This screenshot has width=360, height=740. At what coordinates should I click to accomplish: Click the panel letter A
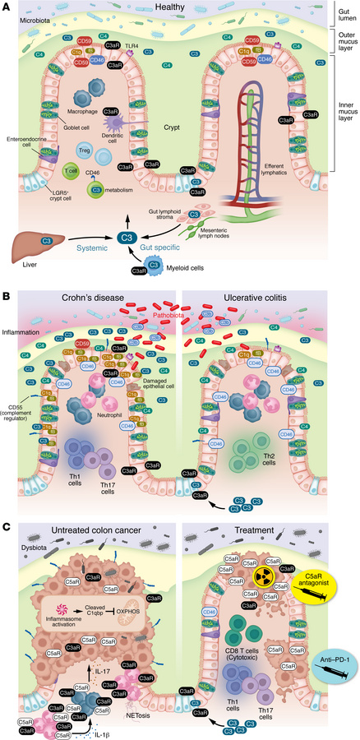click(x=7, y=7)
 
